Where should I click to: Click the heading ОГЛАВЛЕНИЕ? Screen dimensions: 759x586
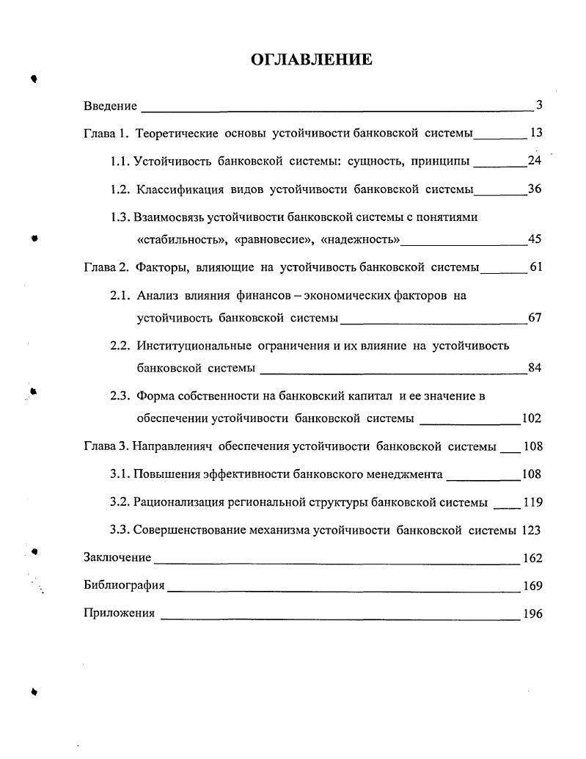point(312,59)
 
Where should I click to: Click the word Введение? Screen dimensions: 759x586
point(111,106)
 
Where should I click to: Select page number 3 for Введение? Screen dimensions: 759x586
point(539,105)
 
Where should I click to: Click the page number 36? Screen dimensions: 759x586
point(535,189)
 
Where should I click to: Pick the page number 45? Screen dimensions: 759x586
point(535,239)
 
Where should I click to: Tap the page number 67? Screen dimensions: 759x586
point(535,318)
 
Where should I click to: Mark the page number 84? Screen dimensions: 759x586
point(535,368)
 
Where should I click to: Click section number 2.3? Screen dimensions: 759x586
point(120,396)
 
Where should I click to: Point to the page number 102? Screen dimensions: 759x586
point(532,418)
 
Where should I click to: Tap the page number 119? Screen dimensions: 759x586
point(532,502)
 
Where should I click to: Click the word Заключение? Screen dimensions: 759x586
point(118,558)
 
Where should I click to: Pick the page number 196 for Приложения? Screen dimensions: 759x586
point(532,614)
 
